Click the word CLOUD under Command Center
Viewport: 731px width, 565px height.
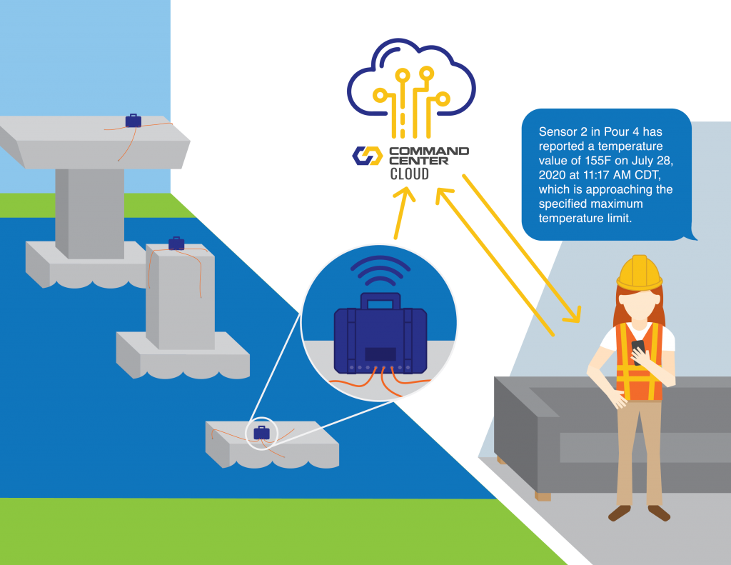(409, 173)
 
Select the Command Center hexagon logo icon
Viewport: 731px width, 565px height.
(368, 155)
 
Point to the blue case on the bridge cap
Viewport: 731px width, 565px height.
(133, 121)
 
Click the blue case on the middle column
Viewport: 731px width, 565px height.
(176, 244)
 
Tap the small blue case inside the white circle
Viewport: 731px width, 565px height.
(262, 432)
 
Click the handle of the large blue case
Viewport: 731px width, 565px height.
(380, 301)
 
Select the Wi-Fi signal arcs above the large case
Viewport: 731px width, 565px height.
(381, 271)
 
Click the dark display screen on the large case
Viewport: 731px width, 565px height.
(380, 354)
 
